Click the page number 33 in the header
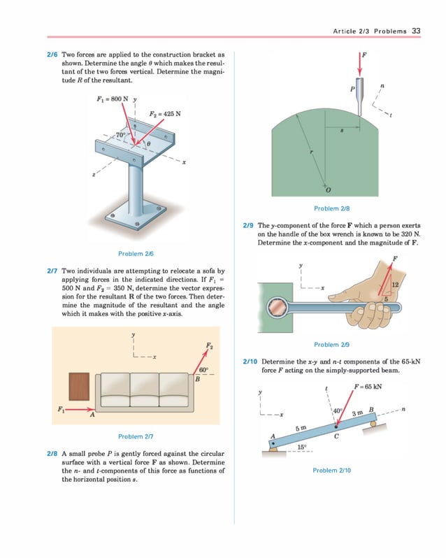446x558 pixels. click(x=416, y=31)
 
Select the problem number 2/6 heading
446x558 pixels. click(x=52, y=55)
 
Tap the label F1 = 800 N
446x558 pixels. click(x=112, y=99)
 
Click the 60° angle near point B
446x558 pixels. click(x=203, y=369)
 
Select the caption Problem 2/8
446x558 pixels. click(x=331, y=208)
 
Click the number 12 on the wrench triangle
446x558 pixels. click(x=396, y=284)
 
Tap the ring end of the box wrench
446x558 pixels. click(x=278, y=306)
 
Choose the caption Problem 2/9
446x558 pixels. click(x=331, y=344)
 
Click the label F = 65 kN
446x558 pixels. click(x=368, y=387)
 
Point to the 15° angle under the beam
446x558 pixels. click(x=301, y=446)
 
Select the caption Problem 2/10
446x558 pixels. click(x=331, y=471)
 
